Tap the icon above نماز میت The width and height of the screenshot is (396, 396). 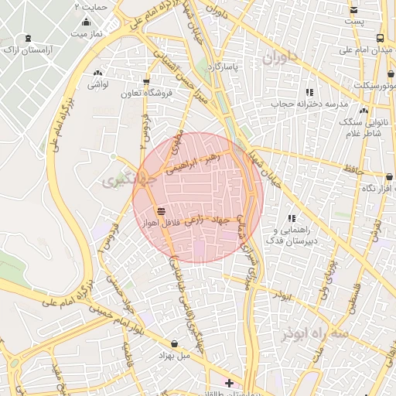click(x=85, y=22)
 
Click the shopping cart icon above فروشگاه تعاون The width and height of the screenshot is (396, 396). click(x=146, y=81)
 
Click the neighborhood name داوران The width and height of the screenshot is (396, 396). click(x=279, y=58)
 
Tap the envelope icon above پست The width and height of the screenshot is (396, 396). click(x=353, y=11)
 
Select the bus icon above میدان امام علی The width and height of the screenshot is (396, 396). click(x=379, y=38)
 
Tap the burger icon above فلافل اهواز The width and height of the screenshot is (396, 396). click(x=161, y=210)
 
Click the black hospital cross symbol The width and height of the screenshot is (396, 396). click(x=229, y=383)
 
